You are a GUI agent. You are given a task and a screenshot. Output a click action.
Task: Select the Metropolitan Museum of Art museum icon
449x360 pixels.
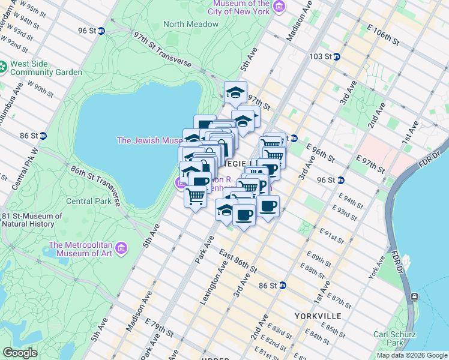pos(122,248)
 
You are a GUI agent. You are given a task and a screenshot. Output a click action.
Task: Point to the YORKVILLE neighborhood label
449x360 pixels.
pos(318,316)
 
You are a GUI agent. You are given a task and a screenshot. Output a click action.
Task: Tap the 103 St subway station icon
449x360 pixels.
pos(337,56)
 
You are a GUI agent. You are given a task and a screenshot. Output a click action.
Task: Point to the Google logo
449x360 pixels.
pos(20,353)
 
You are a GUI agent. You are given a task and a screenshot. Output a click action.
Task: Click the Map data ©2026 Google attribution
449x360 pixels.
pos(412,355)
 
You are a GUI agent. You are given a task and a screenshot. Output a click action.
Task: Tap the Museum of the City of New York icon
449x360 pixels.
pos(279,7)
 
